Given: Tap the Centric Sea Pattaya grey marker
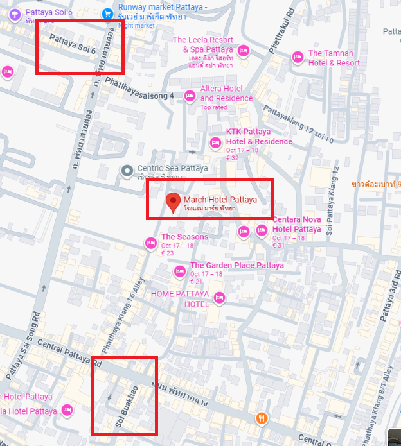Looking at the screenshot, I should (127, 170).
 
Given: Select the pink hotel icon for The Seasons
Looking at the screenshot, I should (150, 243).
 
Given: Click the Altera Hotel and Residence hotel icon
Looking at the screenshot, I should (190, 96).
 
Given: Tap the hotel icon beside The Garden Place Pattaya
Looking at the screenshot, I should (180, 272).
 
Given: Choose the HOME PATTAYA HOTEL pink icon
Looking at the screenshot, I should (220, 298).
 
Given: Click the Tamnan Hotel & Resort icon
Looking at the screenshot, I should (298, 57).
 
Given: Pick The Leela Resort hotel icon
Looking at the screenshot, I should (243, 50).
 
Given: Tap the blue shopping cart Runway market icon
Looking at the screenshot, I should (107, 12).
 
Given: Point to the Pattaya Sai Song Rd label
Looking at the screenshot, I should (22, 345).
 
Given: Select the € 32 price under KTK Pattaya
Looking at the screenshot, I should (232, 158).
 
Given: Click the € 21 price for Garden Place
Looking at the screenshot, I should (196, 282).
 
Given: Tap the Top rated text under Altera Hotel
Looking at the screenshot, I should (214, 107).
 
